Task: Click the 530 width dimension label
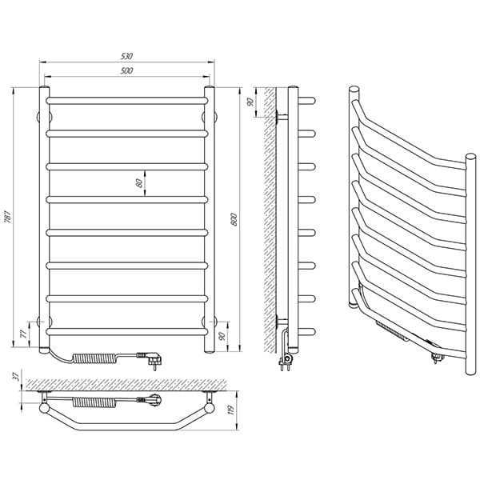click(126, 56)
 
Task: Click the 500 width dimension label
click(126, 70)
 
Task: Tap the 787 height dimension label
click(8, 217)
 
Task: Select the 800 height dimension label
click(234, 219)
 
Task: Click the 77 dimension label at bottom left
click(23, 334)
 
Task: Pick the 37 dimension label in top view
click(17, 376)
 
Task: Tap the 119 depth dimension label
click(231, 410)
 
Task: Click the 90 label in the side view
click(250, 102)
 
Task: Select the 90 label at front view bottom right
click(222, 336)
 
